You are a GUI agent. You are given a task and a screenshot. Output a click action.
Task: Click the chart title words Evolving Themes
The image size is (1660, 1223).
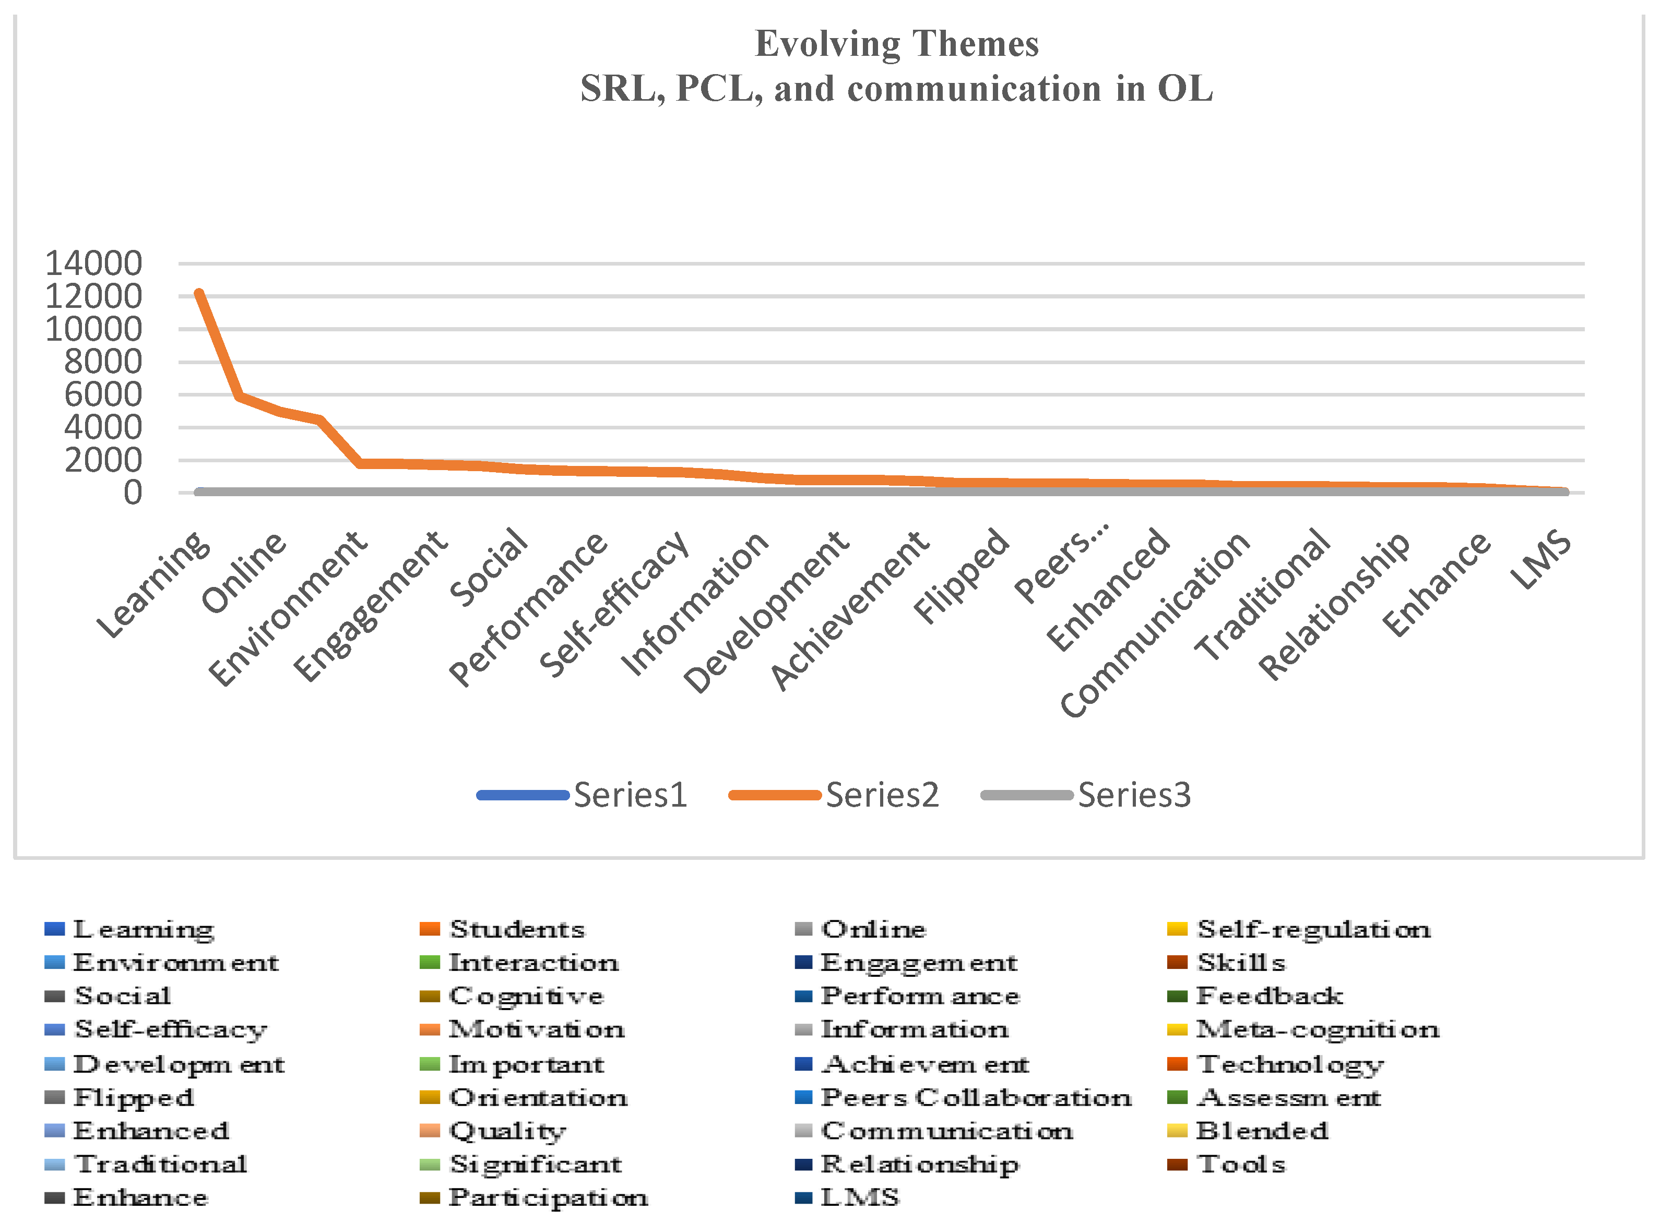click(x=896, y=44)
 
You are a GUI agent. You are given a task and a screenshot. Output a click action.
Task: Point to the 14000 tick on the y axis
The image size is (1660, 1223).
click(x=94, y=263)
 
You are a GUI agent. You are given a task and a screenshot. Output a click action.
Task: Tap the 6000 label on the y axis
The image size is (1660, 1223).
click(x=103, y=394)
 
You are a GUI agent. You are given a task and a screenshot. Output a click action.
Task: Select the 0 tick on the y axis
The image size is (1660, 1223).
click(x=133, y=493)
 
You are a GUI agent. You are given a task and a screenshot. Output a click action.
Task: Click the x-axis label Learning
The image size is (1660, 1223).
click(x=154, y=584)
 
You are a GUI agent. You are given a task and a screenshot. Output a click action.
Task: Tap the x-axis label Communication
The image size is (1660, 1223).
click(x=1156, y=624)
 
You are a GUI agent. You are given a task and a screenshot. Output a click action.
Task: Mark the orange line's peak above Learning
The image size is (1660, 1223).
click(x=198, y=293)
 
